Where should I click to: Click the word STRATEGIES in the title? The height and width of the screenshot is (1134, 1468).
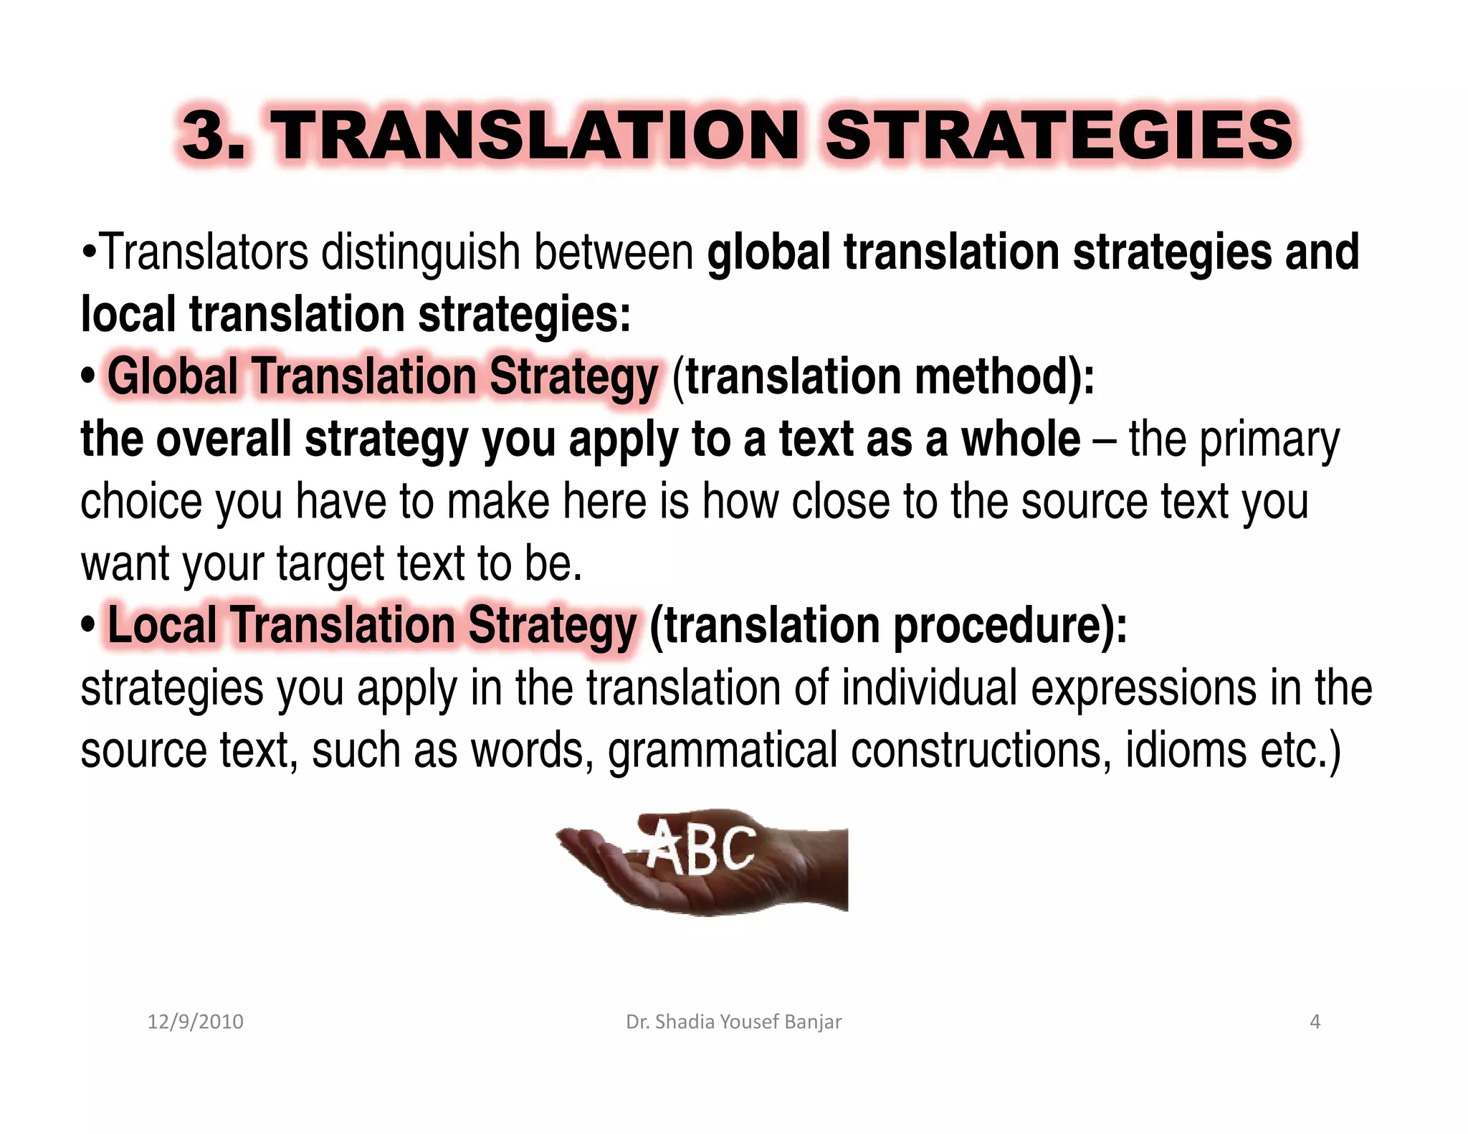[1059, 136]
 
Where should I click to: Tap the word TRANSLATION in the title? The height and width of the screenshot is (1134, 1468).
[538, 136]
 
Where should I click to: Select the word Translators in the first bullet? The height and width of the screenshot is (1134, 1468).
[204, 252]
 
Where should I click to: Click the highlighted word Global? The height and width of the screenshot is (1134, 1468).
[173, 377]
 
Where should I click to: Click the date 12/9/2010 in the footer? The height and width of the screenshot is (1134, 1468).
[195, 1021]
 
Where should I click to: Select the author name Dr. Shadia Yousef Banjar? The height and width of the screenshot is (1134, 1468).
[733, 1021]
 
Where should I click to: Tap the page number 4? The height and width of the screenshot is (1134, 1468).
[1315, 1021]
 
